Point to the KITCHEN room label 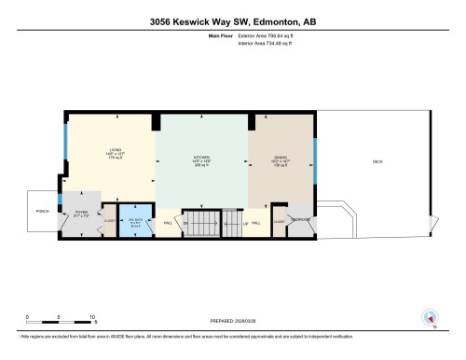click(x=199, y=157)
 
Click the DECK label click(x=377, y=161)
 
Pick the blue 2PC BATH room click(x=136, y=222)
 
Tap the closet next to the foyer click(x=109, y=222)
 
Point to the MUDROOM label click(x=300, y=220)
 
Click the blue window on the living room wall click(x=65, y=145)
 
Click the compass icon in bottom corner click(x=430, y=317)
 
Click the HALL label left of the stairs click(x=169, y=224)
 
